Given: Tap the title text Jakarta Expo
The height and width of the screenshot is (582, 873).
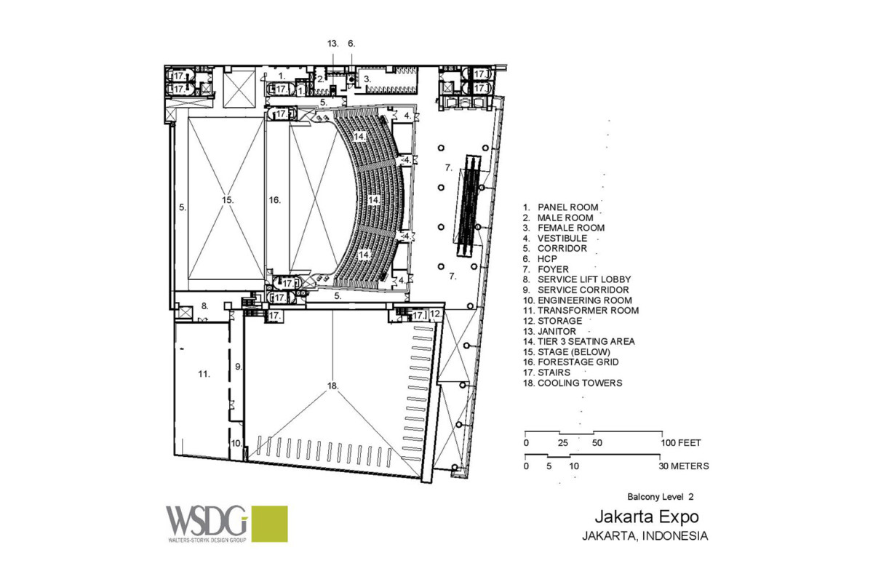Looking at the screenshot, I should point(647,517).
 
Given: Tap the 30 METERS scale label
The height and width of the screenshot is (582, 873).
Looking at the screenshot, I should point(683,466).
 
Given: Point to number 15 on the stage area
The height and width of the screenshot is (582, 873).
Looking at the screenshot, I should point(228,199).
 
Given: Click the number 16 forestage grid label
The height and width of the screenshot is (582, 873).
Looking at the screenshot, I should point(274,199).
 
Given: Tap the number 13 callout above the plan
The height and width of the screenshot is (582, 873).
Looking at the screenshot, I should point(332,44).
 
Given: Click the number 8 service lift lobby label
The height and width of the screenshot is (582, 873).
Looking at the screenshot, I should point(205,306).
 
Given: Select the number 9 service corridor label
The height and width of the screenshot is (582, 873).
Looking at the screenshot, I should point(238,366).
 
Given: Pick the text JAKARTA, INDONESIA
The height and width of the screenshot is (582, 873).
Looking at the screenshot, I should point(644,536).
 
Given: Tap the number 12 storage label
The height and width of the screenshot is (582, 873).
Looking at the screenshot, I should point(435,314).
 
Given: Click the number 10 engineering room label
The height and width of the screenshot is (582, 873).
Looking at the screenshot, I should point(236,442).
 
